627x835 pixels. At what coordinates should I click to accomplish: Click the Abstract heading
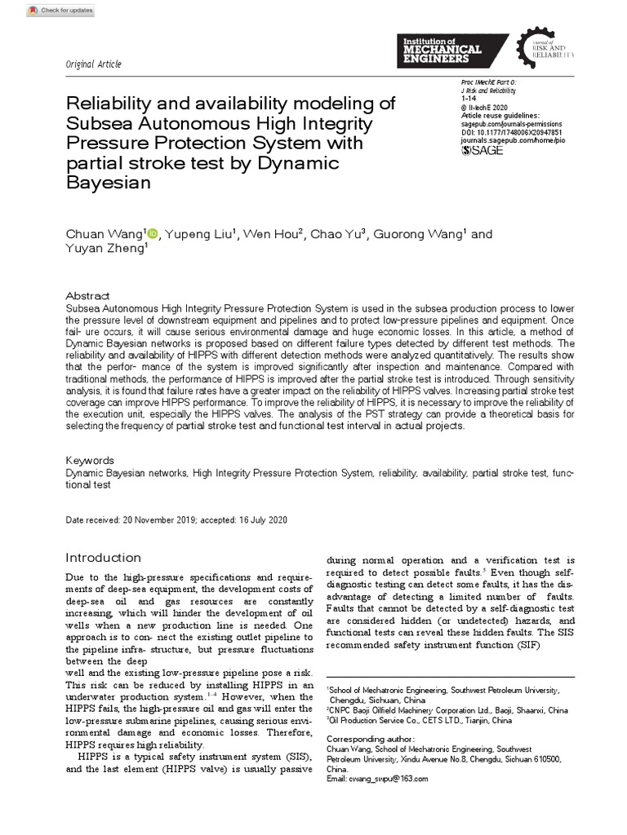(x=87, y=296)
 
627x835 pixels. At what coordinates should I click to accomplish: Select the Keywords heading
(x=90, y=461)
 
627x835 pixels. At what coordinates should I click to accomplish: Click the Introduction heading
(x=103, y=558)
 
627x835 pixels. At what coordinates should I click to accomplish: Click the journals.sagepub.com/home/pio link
(x=513, y=140)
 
